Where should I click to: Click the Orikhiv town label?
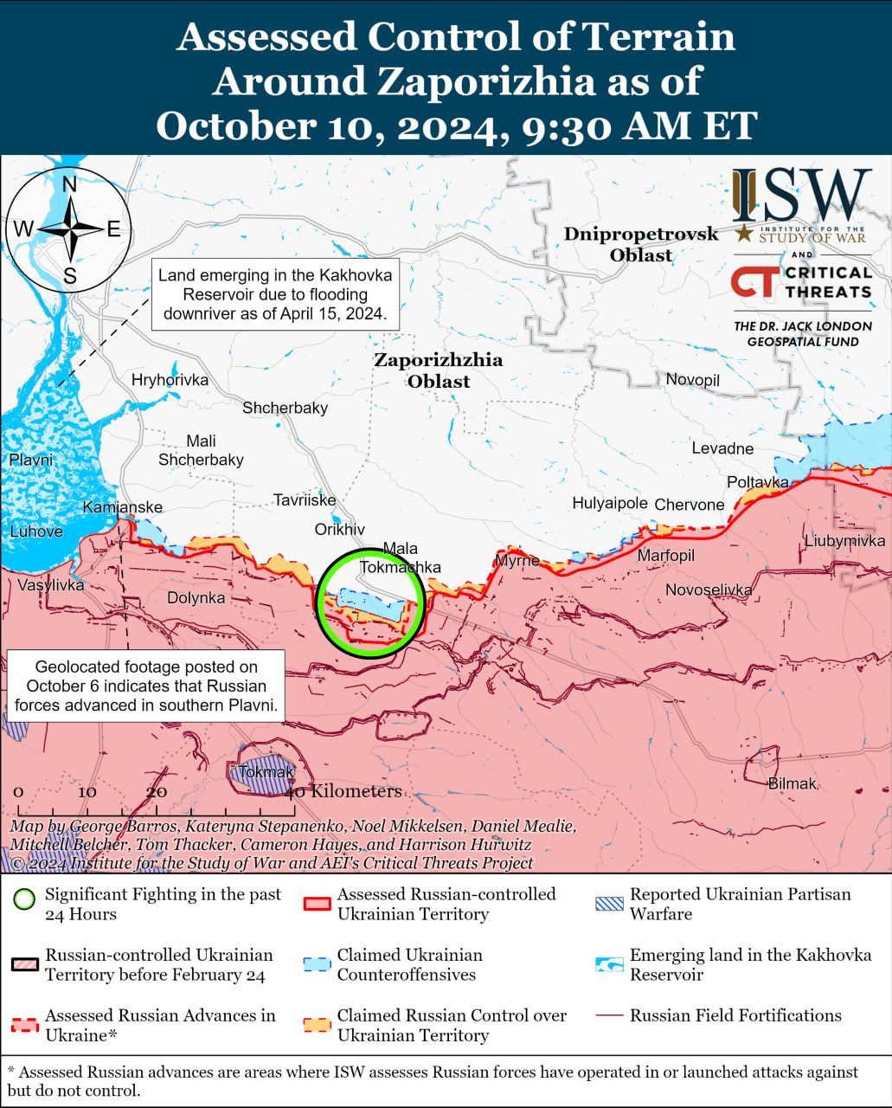tap(339, 529)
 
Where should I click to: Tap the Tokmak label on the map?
tap(266, 771)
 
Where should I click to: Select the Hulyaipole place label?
tap(609, 503)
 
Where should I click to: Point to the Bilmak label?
tap(792, 783)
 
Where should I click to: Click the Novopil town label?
tap(692, 379)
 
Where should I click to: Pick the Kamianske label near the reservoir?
tap(122, 507)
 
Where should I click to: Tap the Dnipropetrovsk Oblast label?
tap(640, 244)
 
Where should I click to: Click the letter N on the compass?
tap(70, 184)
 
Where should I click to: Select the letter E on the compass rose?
tap(113, 229)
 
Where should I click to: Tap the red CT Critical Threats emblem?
tap(752, 281)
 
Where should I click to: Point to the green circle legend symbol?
tap(25, 899)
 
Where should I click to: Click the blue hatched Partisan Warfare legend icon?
tap(609, 904)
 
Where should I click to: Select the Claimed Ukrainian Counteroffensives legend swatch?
tap(317, 964)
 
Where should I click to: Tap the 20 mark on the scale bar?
tap(157, 791)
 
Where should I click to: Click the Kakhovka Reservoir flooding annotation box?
tap(275, 294)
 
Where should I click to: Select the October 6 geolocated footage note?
tap(145, 686)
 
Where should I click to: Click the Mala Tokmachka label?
tap(399, 557)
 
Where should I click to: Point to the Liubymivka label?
tap(844, 540)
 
